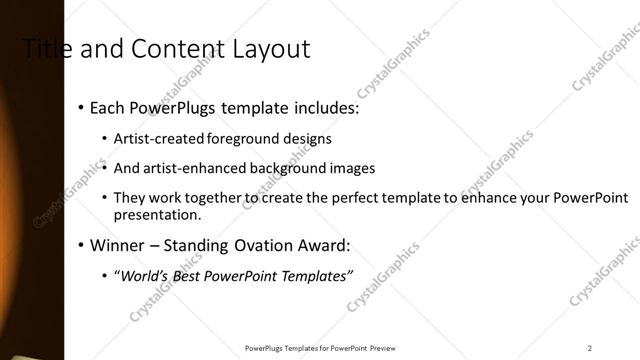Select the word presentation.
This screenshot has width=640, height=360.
point(158,215)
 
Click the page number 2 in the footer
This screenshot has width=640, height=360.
point(590,348)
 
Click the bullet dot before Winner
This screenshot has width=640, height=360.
point(80,246)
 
